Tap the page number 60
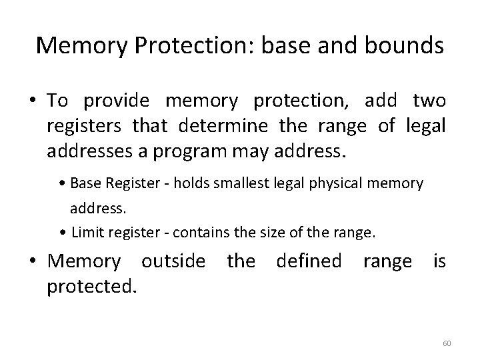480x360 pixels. coord(447,343)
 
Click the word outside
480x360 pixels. coord(173,261)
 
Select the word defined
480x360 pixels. coord(309,261)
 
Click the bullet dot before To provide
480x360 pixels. coord(33,101)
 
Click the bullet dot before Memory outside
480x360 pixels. coord(33,261)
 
